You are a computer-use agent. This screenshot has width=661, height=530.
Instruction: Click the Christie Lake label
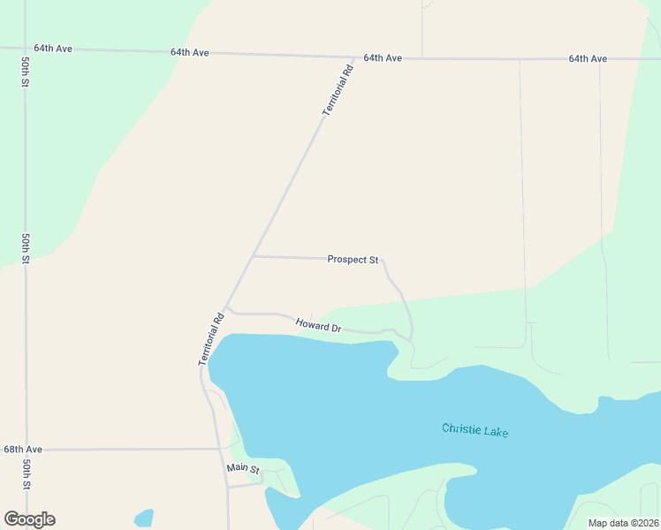click(x=475, y=430)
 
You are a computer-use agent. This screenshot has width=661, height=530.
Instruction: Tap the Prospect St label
click(x=353, y=260)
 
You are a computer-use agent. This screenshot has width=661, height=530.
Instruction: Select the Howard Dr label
click(x=318, y=326)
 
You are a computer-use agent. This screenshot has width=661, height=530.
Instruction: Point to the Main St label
click(x=242, y=468)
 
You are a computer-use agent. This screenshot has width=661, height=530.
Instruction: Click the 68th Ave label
click(x=23, y=450)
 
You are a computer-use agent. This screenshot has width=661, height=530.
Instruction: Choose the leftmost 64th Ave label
click(x=53, y=49)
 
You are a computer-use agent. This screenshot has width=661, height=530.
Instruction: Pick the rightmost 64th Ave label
click(x=588, y=58)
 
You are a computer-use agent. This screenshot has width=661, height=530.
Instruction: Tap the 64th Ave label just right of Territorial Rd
click(x=382, y=57)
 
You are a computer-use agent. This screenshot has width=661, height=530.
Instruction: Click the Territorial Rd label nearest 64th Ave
click(x=338, y=89)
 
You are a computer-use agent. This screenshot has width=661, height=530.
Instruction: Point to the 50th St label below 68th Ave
click(x=27, y=474)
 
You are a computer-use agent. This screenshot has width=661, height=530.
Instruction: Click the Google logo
click(x=29, y=519)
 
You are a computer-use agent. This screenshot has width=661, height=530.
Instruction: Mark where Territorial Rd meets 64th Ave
click(x=354, y=57)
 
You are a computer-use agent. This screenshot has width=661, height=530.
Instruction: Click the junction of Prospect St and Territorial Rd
click(x=254, y=257)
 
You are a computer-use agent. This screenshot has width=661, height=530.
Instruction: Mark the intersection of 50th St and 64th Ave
click(x=23, y=48)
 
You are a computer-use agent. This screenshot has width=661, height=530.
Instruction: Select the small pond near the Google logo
click(x=143, y=517)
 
